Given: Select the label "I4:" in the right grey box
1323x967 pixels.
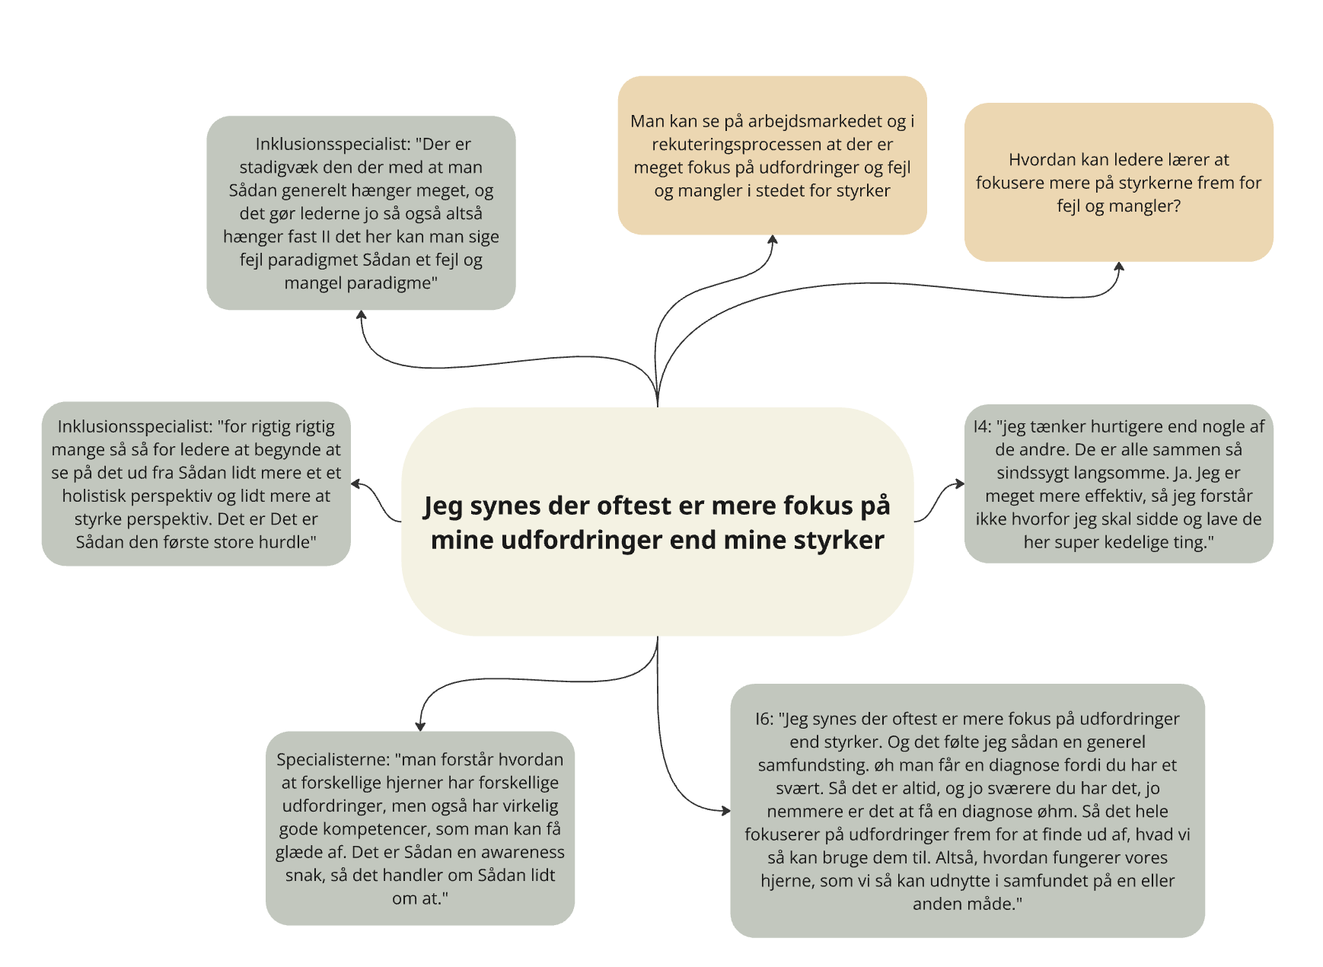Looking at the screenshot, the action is tap(982, 426).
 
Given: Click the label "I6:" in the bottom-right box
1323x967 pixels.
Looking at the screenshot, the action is tap(764, 719).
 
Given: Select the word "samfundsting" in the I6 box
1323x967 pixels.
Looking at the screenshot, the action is tap(811, 765).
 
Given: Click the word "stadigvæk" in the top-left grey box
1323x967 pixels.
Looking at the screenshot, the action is tap(276, 168).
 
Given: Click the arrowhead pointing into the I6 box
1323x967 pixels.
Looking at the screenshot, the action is tap(725, 810).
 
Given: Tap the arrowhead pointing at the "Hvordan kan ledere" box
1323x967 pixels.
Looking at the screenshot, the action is tap(1119, 267).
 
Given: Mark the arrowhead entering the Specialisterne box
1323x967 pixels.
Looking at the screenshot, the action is tap(420, 726).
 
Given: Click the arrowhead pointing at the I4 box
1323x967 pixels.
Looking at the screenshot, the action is tap(959, 483).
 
